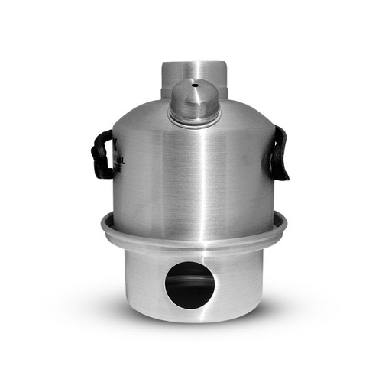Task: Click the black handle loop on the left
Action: point(102,155)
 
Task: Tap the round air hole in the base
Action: point(189,285)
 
